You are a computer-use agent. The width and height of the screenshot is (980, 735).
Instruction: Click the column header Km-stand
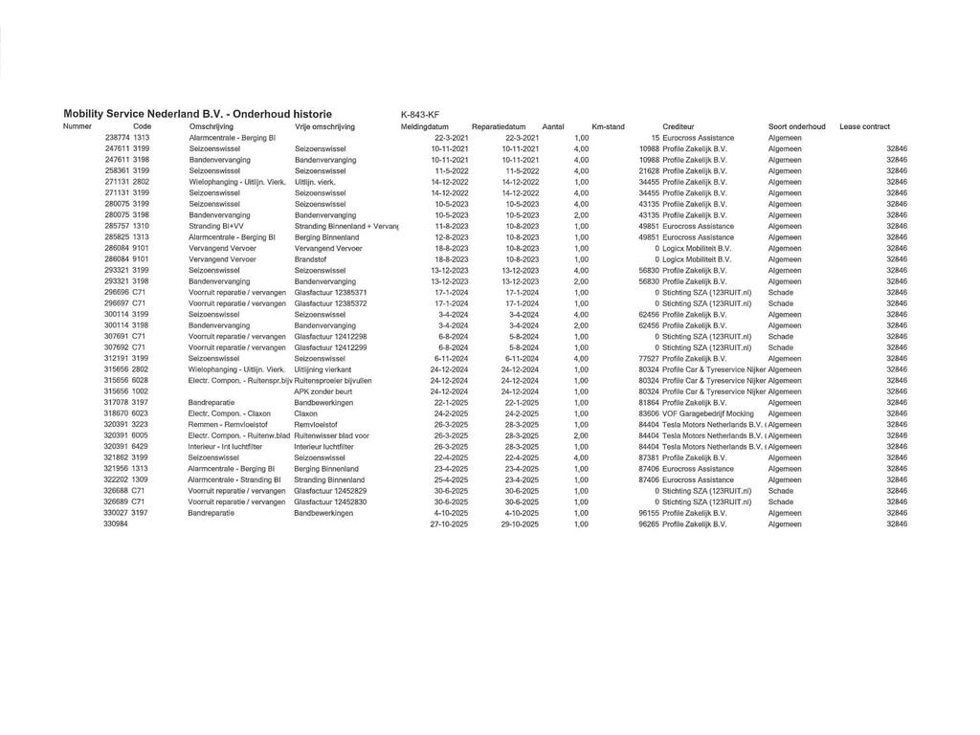pyautogui.click(x=608, y=126)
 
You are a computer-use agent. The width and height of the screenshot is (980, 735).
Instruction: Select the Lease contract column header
pyautogui.click(x=864, y=126)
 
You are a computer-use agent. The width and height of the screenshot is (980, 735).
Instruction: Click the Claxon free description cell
pyautogui.click(x=306, y=413)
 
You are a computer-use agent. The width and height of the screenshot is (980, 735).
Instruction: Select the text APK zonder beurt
pyautogui.click(x=323, y=391)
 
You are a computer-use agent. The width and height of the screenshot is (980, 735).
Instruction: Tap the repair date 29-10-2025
pyautogui.click(x=520, y=524)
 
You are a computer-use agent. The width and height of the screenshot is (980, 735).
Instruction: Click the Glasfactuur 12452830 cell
pyautogui.click(x=330, y=501)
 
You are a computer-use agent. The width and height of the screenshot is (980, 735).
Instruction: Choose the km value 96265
pyautogui.click(x=650, y=524)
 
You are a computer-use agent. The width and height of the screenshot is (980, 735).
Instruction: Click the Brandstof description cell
pyautogui.click(x=311, y=259)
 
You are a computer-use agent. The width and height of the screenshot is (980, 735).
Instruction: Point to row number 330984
pyautogui.click(x=115, y=524)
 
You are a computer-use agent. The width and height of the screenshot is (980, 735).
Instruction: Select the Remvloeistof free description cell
pyautogui.click(x=316, y=425)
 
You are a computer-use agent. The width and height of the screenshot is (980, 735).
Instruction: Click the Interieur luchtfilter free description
pyautogui.click(x=325, y=447)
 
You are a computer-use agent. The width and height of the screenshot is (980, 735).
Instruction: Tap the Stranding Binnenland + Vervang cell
pyautogui.click(x=345, y=226)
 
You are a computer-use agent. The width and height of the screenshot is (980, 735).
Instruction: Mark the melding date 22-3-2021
pyautogui.click(x=449, y=138)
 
